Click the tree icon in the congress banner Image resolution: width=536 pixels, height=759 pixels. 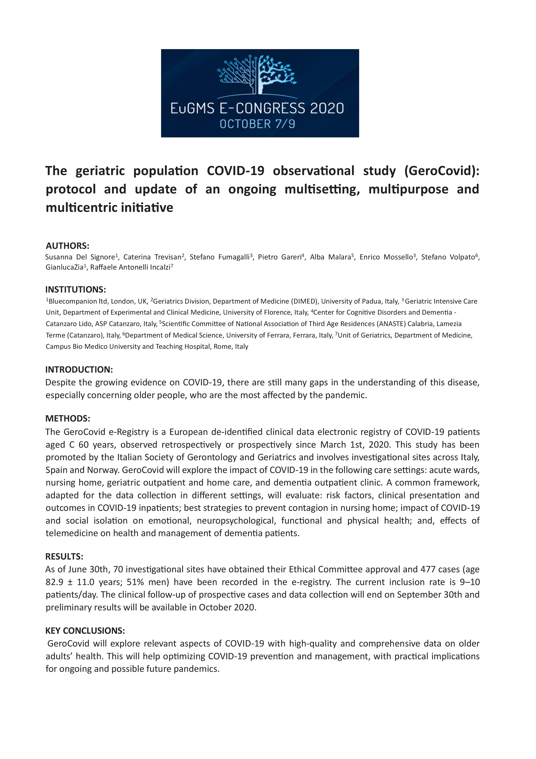[x=257, y=75]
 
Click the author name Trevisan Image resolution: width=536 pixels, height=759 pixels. [x=168, y=257]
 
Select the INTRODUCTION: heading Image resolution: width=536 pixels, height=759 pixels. [x=79, y=370]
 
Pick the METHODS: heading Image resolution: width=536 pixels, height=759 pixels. [x=68, y=418]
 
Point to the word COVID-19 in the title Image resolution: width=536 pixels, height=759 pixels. [x=235, y=171]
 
